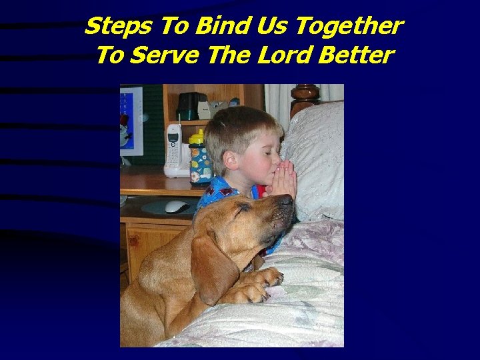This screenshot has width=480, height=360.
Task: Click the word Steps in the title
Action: [x=112, y=27]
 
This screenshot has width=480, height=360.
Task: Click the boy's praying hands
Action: [x=283, y=179]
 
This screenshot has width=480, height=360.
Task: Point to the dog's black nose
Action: [x=285, y=200]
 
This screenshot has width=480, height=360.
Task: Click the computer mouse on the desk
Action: [x=176, y=206]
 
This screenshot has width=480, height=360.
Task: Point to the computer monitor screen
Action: [x=131, y=120]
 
